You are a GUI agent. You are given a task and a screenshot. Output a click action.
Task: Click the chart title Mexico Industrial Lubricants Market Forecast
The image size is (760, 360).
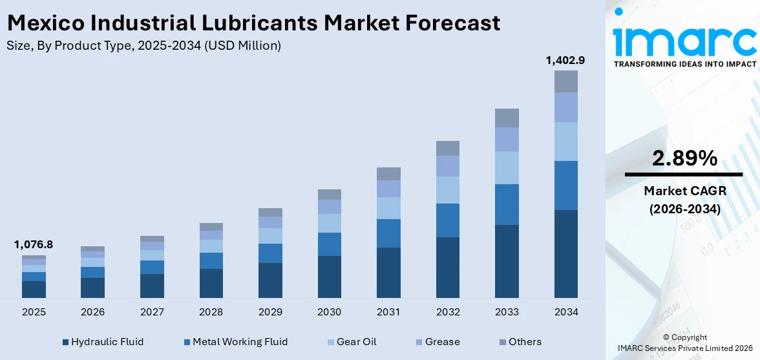tap(253, 23)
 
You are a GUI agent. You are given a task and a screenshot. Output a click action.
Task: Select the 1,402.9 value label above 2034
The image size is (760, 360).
tap(565, 60)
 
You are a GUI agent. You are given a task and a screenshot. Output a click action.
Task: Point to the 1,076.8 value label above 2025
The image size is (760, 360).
tap(34, 244)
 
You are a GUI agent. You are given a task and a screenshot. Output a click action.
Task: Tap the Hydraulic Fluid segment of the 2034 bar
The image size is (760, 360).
tap(565, 253)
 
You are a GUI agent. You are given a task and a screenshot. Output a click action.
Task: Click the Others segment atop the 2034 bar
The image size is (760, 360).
tap(565, 81)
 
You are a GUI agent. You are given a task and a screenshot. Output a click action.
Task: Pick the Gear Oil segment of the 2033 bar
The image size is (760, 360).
tap(507, 167)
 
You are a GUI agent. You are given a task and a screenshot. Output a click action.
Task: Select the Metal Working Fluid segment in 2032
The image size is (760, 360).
tap(447, 220)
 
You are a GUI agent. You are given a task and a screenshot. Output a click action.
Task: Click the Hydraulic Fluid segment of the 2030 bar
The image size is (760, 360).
tap(329, 277)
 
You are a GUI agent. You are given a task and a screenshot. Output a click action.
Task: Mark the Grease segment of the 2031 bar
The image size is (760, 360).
tap(388, 189)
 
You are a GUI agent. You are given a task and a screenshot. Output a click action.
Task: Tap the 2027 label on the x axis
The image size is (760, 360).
tap(152, 312)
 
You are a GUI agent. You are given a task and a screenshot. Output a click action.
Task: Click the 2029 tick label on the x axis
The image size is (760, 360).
tap(270, 312)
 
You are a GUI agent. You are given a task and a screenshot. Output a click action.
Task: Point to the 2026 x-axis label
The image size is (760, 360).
tap(93, 312)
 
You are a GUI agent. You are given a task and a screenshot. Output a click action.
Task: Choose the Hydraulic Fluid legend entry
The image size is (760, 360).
tap(103, 342)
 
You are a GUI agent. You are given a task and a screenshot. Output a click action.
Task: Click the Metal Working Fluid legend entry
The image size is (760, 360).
tap(235, 342)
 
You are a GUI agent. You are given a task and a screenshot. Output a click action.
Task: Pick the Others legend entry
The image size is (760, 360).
tap(520, 342)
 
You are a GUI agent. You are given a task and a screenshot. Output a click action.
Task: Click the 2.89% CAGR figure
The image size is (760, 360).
tap(684, 158)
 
